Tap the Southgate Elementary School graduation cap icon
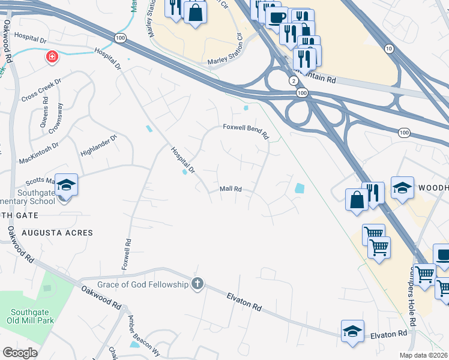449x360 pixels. pyautogui.click(x=66, y=185)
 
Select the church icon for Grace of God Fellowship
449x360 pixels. pyautogui.click(x=197, y=284)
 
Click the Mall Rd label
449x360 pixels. pyautogui.click(x=231, y=189)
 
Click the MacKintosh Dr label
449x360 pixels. pyautogui.click(x=39, y=145)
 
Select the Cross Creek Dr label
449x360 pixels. pyautogui.click(x=41, y=90)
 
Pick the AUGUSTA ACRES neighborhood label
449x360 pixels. pyautogui.click(x=58, y=232)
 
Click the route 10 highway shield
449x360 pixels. pyautogui.click(x=390, y=48)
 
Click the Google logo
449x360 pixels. pyautogui.click(x=20, y=353)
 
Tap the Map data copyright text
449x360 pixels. pyautogui.click(x=423, y=355)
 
